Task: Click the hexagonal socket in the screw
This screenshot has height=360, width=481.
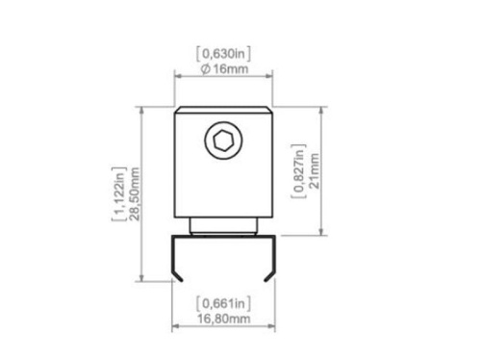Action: pos(223,141)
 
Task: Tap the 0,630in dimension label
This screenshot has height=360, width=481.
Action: pos(223,54)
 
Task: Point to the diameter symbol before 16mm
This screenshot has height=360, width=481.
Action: pos(206,69)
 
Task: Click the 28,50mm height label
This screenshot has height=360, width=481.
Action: pos(136,193)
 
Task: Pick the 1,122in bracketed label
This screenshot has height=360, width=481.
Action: pos(119,193)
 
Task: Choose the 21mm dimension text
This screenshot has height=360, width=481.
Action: pos(315,170)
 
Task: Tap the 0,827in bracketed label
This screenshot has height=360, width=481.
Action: pos(298,171)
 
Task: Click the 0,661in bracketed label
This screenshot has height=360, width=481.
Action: pos(223,303)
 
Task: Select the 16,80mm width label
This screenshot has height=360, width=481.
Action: pos(223,319)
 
